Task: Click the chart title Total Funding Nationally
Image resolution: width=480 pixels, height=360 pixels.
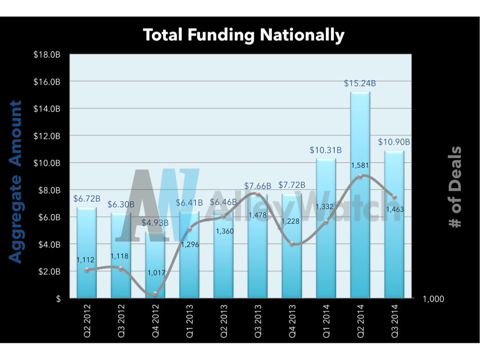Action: [x=243, y=35]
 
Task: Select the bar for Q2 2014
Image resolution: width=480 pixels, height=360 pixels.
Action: [x=360, y=197]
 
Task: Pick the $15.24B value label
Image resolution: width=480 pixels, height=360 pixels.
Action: [x=360, y=84]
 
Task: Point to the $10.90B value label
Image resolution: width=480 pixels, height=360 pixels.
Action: [x=394, y=142]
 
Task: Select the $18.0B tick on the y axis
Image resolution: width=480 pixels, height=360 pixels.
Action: [x=47, y=55]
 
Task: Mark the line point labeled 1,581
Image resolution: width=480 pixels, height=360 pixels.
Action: [x=360, y=176]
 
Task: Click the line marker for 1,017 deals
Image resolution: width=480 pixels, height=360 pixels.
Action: [x=155, y=294]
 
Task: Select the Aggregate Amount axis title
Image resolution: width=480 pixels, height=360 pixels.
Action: [x=16, y=182]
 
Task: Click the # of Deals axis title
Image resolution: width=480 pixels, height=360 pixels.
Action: [x=454, y=187]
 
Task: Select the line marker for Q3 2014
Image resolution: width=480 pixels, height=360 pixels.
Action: [x=394, y=197]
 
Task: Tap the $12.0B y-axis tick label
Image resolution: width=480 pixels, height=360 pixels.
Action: [x=47, y=136]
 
